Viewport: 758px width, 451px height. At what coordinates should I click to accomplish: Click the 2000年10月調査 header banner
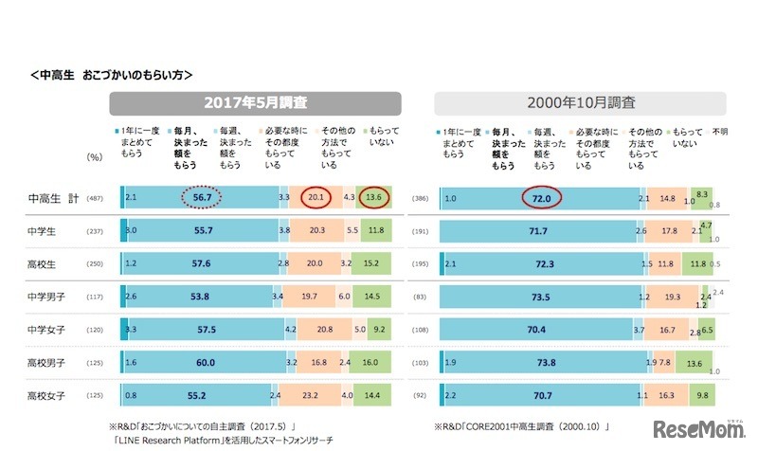click(x=580, y=102)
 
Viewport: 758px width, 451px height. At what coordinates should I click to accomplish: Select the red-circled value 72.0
click(x=541, y=197)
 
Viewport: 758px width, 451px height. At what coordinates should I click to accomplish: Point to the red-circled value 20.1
click(x=316, y=197)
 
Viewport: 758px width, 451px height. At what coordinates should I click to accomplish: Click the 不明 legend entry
click(x=719, y=132)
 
